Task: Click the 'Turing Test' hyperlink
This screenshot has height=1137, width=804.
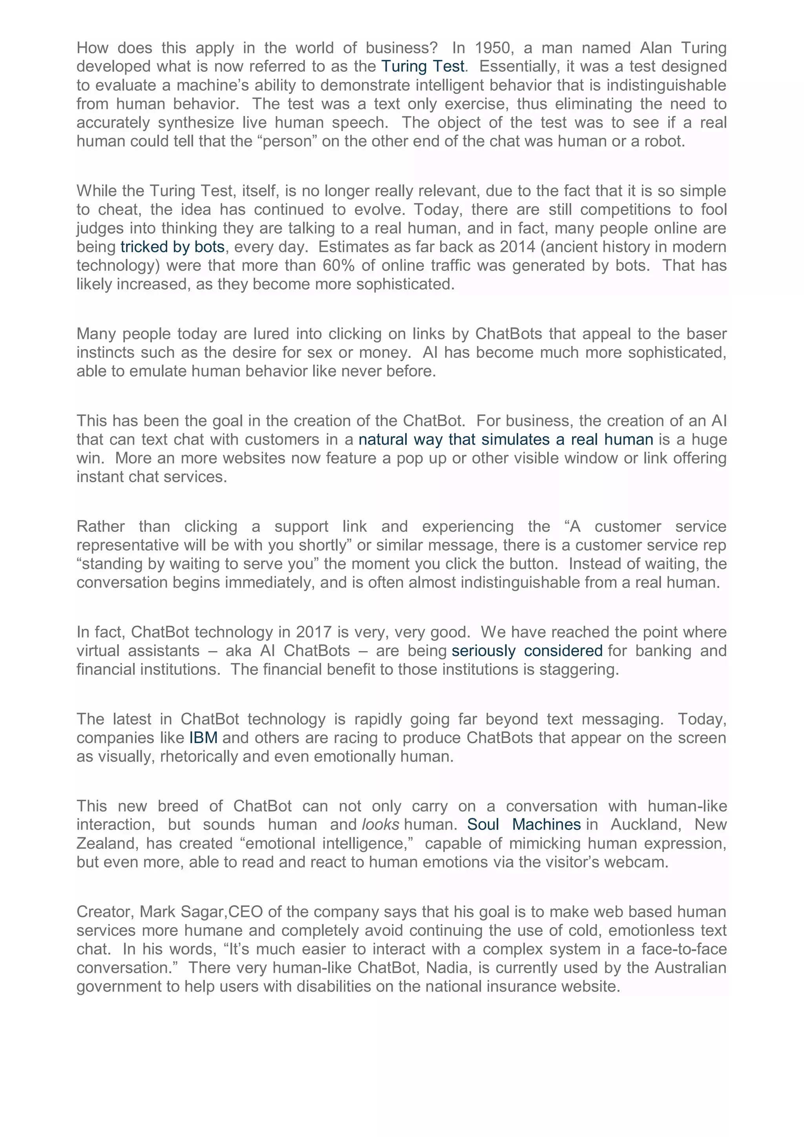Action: click(422, 66)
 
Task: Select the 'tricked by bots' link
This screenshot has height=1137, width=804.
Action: click(172, 247)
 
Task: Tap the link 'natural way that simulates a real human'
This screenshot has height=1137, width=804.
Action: click(506, 439)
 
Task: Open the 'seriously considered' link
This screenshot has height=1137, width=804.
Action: click(527, 651)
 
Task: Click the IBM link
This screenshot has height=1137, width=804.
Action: click(203, 738)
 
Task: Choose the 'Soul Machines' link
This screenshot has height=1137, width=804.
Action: click(524, 824)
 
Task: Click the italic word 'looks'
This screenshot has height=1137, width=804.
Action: click(380, 824)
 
